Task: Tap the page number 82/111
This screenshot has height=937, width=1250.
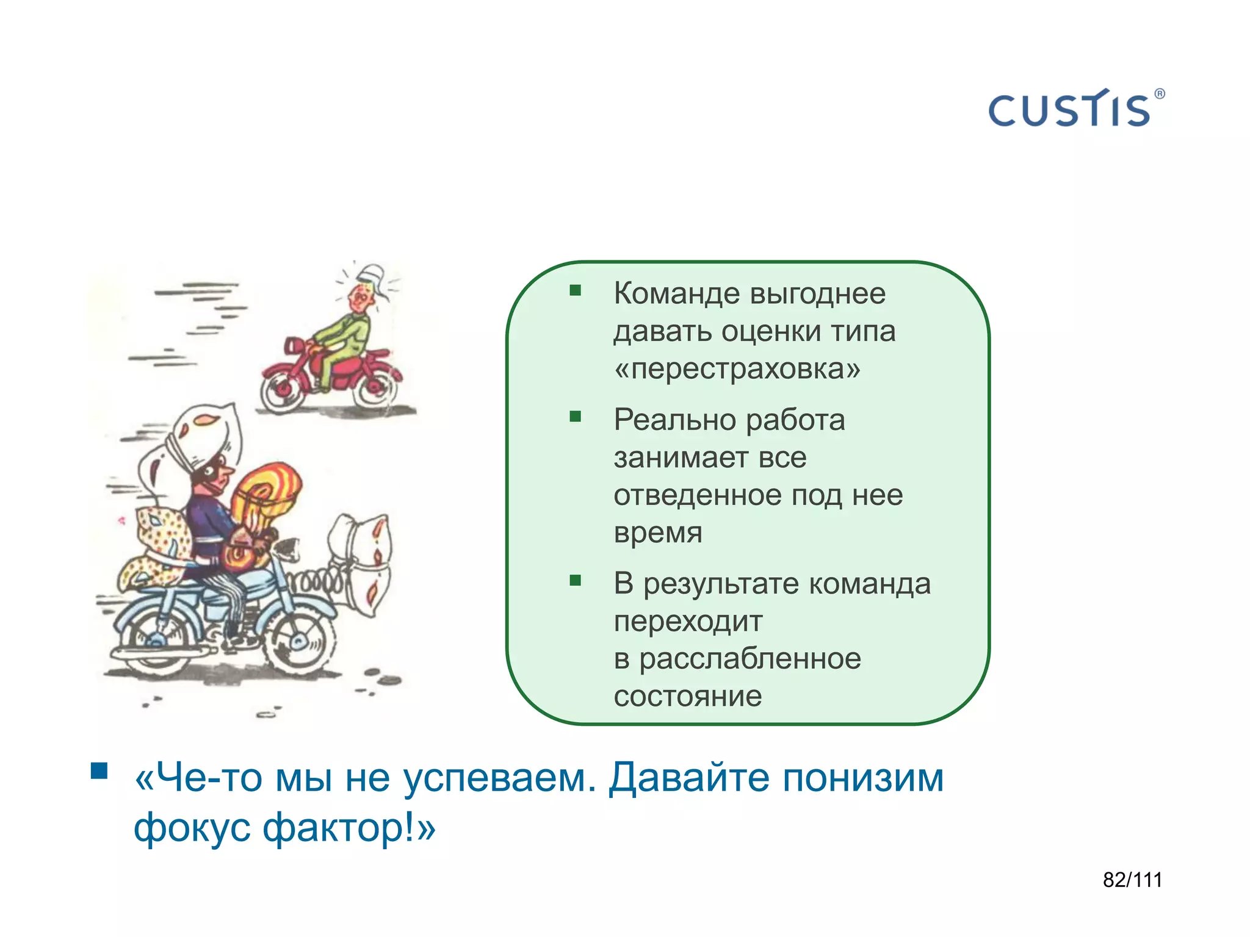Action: point(1132,880)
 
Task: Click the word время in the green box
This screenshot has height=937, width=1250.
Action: point(658,533)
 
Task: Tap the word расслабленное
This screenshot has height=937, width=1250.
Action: point(750,659)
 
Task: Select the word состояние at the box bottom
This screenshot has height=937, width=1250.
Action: point(688,697)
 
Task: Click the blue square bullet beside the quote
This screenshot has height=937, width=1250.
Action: point(99,771)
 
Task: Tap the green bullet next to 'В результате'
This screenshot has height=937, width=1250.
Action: point(575,580)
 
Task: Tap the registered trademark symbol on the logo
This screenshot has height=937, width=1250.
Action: point(1159,94)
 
